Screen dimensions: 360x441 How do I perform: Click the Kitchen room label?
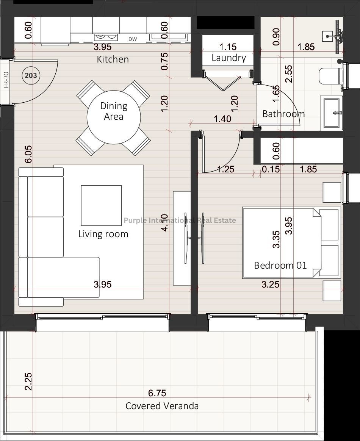point(113,59)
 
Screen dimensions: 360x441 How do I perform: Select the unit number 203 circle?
point(31,75)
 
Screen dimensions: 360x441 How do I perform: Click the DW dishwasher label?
point(133,39)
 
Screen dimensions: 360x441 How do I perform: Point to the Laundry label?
point(229,58)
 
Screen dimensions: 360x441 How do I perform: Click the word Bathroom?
point(283,114)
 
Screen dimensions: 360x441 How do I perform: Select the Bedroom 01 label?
point(280,265)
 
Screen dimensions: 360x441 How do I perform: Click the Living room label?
point(103,234)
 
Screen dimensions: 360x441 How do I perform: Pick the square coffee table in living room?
point(101,205)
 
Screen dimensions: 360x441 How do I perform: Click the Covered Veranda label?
point(162,406)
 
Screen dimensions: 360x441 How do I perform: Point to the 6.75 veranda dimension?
point(157,393)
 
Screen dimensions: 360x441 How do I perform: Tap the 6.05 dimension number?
point(28,154)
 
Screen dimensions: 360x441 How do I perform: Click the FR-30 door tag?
point(6,80)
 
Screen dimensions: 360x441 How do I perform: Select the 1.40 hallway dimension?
point(222,119)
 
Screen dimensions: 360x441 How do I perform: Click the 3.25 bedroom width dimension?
point(270,285)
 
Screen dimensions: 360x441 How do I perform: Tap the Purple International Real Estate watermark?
point(180,220)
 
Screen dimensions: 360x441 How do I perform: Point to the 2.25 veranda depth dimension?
point(28,382)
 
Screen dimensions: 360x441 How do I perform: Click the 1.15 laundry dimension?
point(228,47)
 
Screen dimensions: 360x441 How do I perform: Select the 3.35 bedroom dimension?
point(277,239)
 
